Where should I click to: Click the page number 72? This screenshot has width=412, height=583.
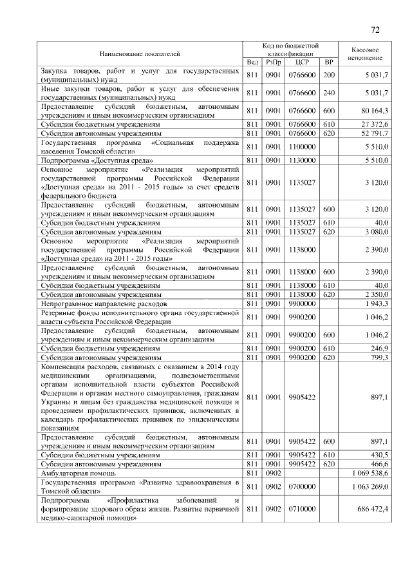tap(376, 30)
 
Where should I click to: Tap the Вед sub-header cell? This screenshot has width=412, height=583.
tap(252, 62)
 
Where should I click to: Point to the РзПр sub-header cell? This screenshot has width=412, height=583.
tap(273, 62)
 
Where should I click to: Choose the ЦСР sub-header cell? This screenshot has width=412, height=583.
tap(301, 62)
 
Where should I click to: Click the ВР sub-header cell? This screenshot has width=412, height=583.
tap(329, 62)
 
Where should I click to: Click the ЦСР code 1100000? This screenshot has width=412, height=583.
tap(301, 147)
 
